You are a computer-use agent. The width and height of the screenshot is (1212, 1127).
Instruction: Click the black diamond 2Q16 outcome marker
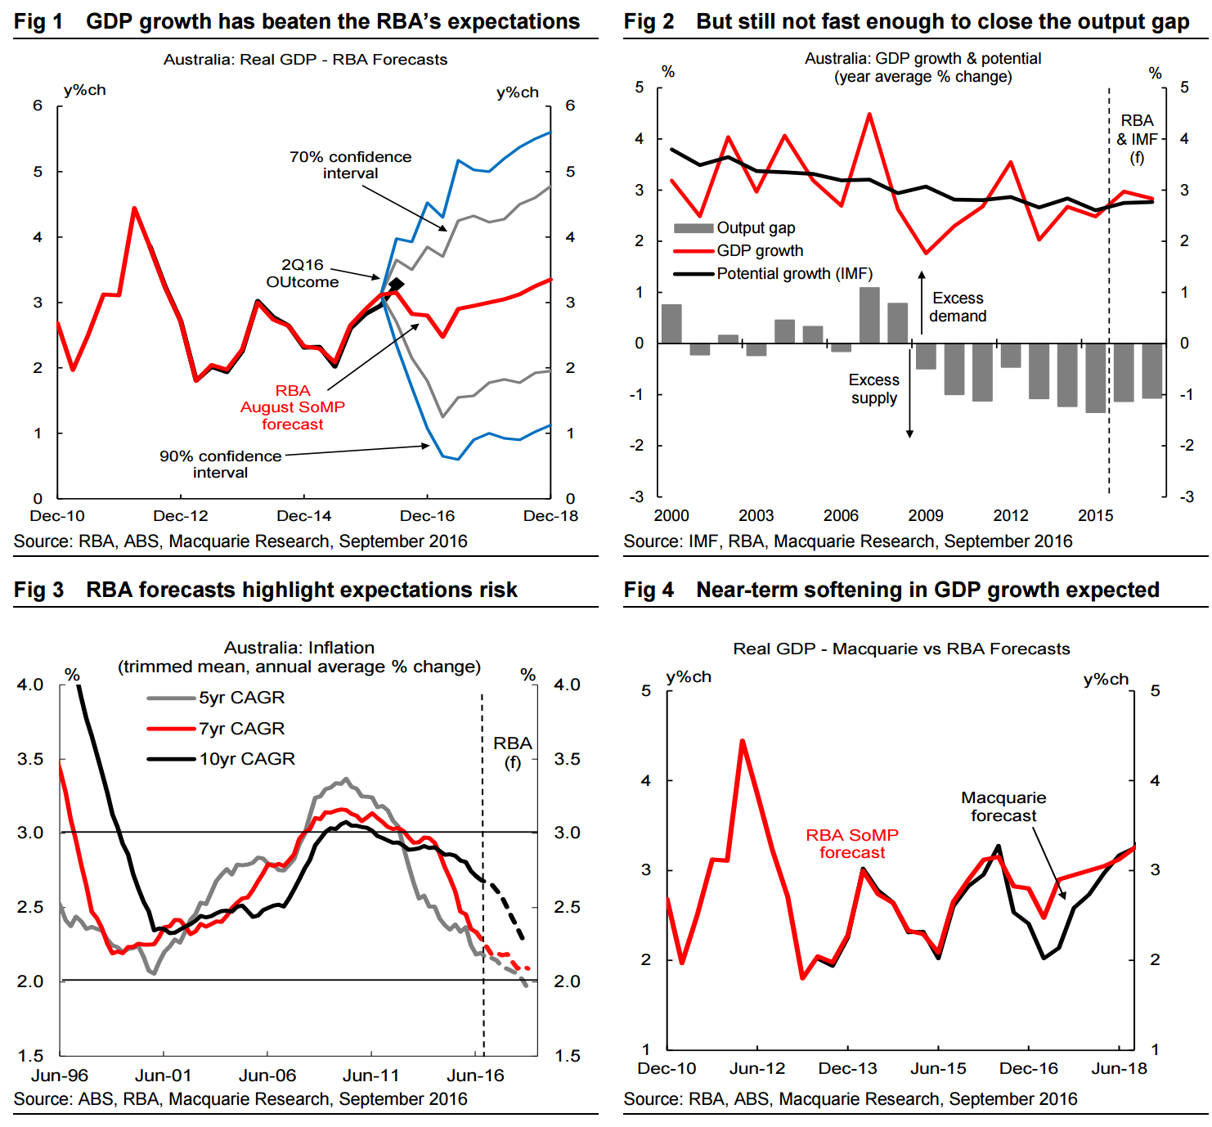click(x=397, y=285)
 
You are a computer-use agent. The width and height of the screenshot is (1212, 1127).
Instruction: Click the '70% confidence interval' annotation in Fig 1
click(x=350, y=164)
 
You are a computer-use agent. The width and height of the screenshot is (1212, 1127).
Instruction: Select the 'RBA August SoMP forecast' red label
click(x=292, y=407)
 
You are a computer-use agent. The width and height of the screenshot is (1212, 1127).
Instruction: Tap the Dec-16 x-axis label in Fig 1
click(x=427, y=516)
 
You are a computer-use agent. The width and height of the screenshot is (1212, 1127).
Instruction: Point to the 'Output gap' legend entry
click(x=755, y=228)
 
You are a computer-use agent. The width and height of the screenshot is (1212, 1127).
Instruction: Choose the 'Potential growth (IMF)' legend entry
click(x=794, y=274)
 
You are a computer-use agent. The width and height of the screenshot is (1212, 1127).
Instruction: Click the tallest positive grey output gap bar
click(x=869, y=315)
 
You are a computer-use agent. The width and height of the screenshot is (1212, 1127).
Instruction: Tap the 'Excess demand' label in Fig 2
click(x=958, y=308)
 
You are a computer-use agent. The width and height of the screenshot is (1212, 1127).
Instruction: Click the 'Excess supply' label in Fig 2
click(x=873, y=389)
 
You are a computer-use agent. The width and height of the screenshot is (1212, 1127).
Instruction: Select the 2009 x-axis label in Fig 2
click(x=926, y=516)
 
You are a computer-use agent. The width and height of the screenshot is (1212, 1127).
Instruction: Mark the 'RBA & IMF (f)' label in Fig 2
click(x=1137, y=139)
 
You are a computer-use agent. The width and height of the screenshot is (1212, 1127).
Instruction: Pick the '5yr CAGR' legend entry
click(x=241, y=698)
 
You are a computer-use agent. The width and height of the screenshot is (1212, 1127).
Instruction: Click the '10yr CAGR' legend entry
click(x=247, y=759)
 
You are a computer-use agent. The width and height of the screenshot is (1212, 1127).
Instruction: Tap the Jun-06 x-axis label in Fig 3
click(x=267, y=1075)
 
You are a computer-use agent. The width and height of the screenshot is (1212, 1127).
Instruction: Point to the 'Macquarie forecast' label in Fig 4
click(x=1003, y=806)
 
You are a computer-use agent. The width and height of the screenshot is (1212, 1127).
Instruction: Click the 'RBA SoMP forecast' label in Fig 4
click(x=852, y=843)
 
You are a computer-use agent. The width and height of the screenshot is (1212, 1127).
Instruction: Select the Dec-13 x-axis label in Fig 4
click(x=847, y=1069)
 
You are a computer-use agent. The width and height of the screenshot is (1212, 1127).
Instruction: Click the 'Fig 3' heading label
click(x=38, y=590)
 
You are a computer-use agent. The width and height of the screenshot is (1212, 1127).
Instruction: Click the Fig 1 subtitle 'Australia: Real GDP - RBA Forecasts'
click(x=305, y=60)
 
